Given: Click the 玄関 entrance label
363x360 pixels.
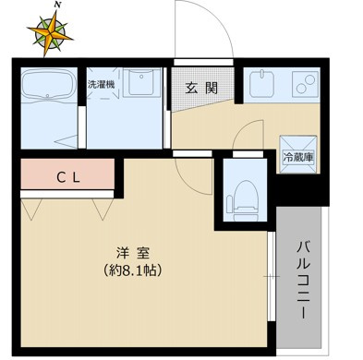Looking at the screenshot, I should pyautogui.click(x=201, y=90).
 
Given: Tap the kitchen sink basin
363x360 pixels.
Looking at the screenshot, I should pyautogui.click(x=262, y=86).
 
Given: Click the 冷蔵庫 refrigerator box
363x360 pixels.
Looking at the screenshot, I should pyautogui.click(x=298, y=157).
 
